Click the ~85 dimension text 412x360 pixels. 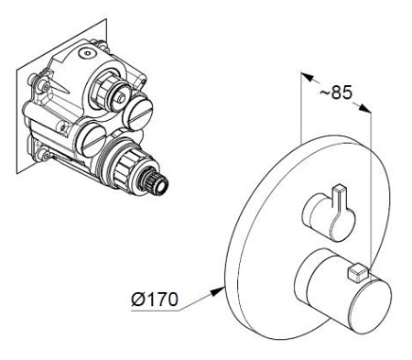click(x=336, y=92)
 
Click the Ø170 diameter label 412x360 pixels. click(x=155, y=299)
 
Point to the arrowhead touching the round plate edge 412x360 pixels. click(x=219, y=290)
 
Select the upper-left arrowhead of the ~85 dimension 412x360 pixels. click(x=308, y=77)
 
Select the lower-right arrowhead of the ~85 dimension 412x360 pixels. click(x=364, y=108)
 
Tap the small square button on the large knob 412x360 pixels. click(x=358, y=272)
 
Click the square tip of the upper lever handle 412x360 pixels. click(x=341, y=188)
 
